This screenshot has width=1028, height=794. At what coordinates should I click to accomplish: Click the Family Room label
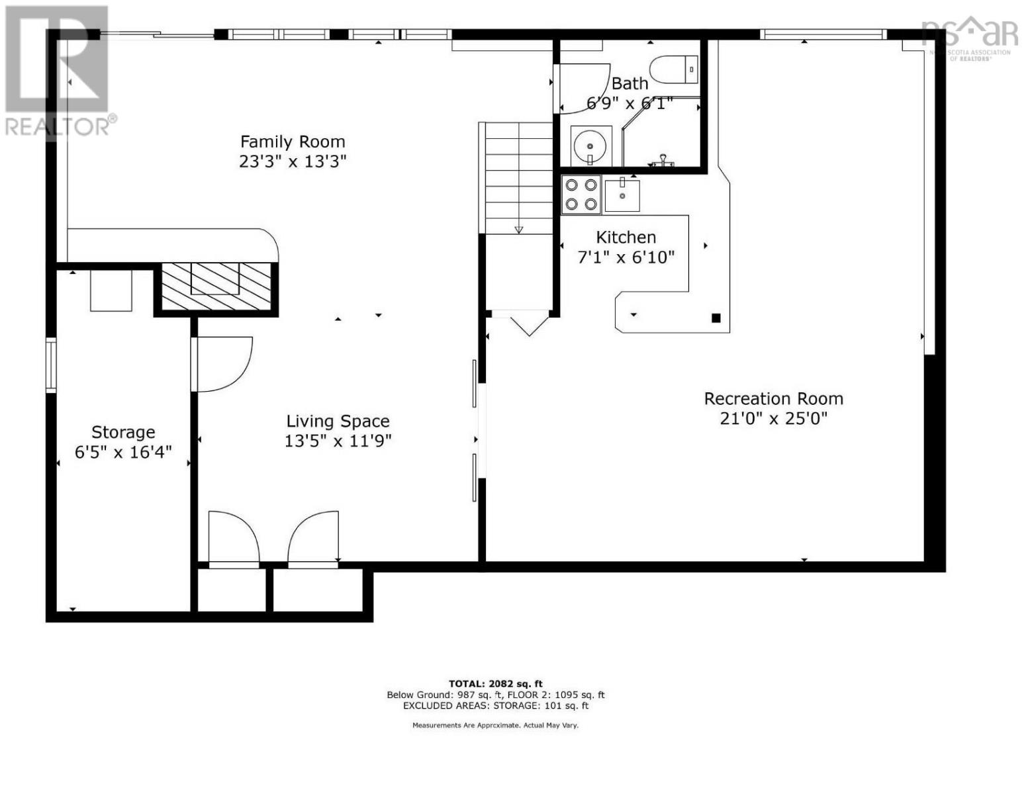(x=293, y=142)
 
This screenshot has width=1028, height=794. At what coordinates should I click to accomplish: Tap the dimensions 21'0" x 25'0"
(x=773, y=418)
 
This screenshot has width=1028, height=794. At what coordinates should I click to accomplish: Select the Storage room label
(x=123, y=432)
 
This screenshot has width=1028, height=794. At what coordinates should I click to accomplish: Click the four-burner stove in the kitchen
(x=581, y=195)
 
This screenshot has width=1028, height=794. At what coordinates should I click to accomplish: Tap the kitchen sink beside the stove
(x=622, y=195)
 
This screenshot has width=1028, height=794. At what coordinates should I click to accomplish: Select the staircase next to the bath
(x=519, y=179)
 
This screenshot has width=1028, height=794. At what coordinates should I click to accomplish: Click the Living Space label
(x=338, y=421)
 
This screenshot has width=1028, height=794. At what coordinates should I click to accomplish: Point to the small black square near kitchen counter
(x=716, y=318)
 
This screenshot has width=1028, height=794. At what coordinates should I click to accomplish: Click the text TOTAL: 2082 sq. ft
(x=495, y=684)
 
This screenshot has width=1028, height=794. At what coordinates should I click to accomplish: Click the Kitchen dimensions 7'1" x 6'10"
(x=626, y=257)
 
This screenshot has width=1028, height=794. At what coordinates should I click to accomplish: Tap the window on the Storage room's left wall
(x=50, y=364)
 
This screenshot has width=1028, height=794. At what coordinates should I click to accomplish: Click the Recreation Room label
(x=773, y=399)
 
